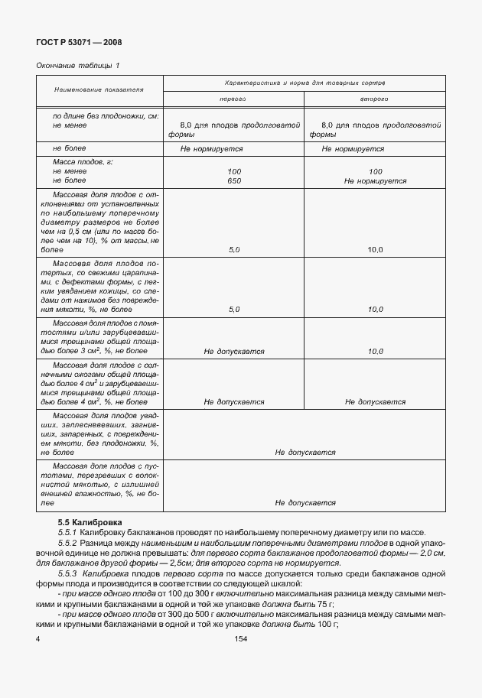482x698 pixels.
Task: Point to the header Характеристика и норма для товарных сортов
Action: pos(305,81)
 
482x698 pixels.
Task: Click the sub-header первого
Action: pos(233,99)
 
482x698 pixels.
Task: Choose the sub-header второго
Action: pos(375,99)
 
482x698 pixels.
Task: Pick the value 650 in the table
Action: pos(233,181)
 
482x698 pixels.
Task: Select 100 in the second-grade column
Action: pos(375,172)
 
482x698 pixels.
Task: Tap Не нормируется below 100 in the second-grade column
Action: pos(375,181)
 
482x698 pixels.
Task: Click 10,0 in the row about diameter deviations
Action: pos(375,250)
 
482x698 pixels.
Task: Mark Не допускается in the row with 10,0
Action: pos(233,352)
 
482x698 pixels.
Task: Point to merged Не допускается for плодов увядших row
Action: pos(305,453)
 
